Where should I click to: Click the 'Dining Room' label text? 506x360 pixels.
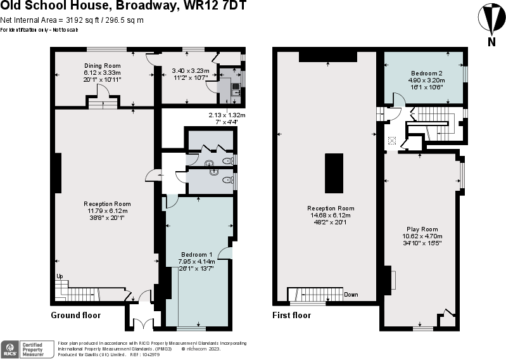[x=103, y=65]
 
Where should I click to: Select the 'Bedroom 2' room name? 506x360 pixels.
[x=426, y=74]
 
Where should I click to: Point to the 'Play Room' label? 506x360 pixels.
[x=422, y=229]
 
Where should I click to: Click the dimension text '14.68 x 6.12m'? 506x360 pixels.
[x=331, y=215]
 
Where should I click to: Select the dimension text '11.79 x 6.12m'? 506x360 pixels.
[x=106, y=210]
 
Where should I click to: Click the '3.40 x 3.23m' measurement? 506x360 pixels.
[x=190, y=72]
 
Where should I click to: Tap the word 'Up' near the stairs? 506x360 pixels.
[x=60, y=276]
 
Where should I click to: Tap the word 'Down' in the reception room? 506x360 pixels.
[x=351, y=295]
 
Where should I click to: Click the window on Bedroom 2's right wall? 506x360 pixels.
[x=465, y=74]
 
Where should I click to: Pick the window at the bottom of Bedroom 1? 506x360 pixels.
[x=191, y=328]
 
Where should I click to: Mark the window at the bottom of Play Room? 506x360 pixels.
[x=422, y=328]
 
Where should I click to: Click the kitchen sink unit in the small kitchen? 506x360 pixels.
[x=236, y=89]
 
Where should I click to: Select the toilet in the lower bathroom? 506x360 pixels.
[x=227, y=181]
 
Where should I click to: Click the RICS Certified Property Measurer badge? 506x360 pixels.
[x=28, y=348]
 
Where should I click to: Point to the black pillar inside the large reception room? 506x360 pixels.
[x=334, y=173]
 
